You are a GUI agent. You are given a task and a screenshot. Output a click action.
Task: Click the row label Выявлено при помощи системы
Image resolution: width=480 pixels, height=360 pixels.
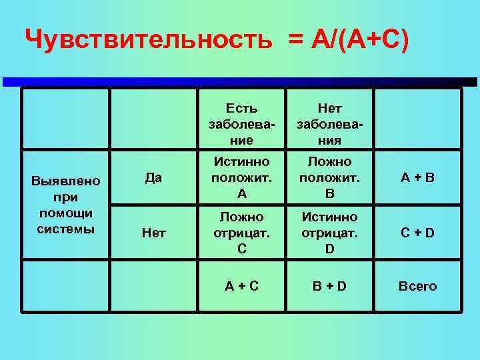pos(66,205)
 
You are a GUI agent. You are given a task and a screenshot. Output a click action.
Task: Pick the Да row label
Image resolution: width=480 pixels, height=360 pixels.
pos(154,178)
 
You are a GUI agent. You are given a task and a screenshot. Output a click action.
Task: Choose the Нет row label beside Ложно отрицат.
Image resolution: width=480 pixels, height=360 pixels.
pos(154,233)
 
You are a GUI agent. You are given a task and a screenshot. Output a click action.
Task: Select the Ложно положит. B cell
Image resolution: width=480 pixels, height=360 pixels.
pos(329,178)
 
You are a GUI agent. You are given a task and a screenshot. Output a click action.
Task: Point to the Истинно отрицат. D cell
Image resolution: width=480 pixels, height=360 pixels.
pos(329,233)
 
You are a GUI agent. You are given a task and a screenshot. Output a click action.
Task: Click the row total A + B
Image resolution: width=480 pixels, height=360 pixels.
pos(417,178)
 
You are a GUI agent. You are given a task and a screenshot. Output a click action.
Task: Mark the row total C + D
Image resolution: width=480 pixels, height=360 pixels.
pos(417,233)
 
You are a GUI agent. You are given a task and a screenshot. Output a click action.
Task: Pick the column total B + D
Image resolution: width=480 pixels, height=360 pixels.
pos(329,286)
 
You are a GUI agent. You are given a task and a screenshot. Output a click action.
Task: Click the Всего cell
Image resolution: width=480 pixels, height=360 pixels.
pos(417,286)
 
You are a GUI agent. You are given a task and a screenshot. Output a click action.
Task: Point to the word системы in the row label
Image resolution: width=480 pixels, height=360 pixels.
pos(66,229)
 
